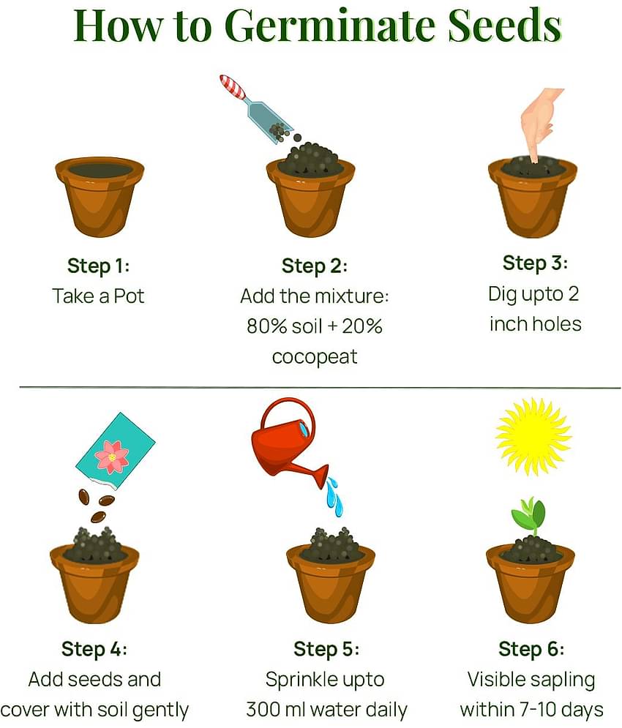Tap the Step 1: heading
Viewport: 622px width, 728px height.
99,266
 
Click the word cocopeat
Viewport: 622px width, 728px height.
315,357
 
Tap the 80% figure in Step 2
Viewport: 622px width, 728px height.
262,326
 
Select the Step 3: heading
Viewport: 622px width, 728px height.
535,263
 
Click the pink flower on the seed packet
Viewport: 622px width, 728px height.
112,457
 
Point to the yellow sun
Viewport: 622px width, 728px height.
533,436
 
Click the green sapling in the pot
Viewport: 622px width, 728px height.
529,515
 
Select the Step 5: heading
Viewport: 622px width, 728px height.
326,649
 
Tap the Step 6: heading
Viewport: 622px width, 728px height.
531,649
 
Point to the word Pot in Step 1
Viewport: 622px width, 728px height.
129,296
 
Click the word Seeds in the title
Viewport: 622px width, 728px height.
505,26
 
